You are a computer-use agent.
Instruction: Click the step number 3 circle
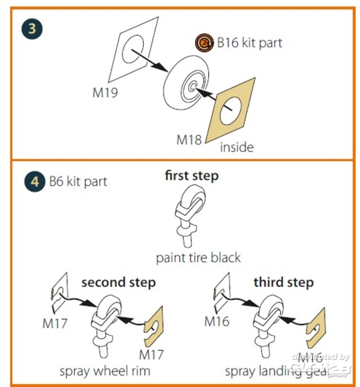[x=32, y=30]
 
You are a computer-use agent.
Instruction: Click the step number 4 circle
[x=34, y=182]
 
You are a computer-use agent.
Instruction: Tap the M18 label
[x=189, y=140]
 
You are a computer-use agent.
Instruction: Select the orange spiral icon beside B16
[x=203, y=43]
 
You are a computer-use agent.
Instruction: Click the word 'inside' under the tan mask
[x=237, y=147]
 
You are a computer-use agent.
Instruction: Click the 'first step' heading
[x=192, y=176]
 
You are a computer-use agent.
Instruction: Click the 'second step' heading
[x=118, y=282]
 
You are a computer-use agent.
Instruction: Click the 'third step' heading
[x=283, y=282]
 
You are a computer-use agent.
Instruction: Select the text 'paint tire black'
[x=198, y=257]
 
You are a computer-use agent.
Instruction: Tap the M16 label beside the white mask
[x=217, y=321]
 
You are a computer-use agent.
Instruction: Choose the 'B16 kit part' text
[x=249, y=43]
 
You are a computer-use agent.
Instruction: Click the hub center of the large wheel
[x=192, y=88]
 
